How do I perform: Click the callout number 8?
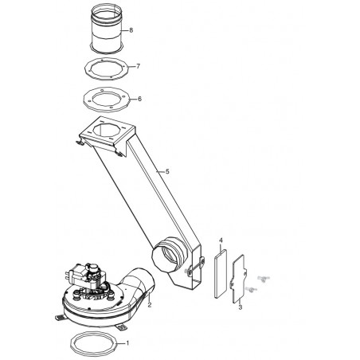click(131, 30)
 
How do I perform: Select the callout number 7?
click(138, 66)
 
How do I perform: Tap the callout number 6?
click(140, 99)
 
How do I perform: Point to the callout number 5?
click(167, 171)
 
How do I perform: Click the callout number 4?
click(221, 241)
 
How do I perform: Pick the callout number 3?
click(241, 307)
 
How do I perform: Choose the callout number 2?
click(150, 305)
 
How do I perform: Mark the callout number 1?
click(127, 343)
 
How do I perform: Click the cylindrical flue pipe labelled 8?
click(107, 29)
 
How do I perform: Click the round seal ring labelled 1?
click(72, 343)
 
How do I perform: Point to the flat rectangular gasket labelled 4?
click(221, 274)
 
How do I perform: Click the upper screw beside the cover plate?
click(263, 278)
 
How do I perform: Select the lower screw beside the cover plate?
click(251, 289)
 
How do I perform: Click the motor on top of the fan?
click(85, 276)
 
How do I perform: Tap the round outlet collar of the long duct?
click(169, 255)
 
